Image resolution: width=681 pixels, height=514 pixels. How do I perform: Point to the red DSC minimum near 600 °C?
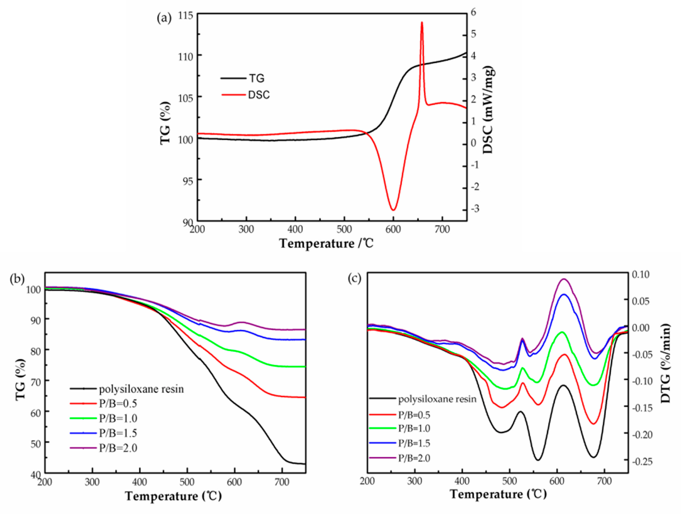(x=393, y=210)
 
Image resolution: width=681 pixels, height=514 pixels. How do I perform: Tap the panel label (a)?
(x=164, y=18)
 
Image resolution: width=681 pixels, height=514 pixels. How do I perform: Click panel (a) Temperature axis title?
(x=326, y=243)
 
